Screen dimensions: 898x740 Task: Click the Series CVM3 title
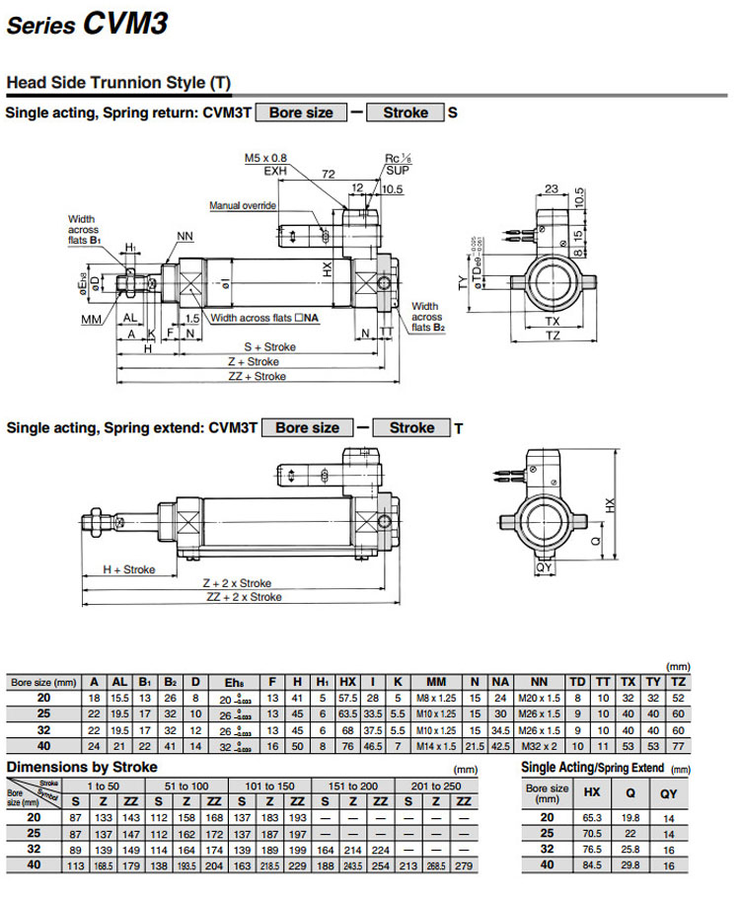[x=87, y=24]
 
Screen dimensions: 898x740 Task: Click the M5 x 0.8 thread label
[x=265, y=158]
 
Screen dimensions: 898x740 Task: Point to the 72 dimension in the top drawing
[x=329, y=173]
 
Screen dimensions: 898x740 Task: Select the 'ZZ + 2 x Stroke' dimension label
[x=244, y=597]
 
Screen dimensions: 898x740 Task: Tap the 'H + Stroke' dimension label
[x=129, y=569]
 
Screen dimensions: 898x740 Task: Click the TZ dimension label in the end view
[x=553, y=337]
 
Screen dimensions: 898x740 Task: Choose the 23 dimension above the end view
[x=552, y=188]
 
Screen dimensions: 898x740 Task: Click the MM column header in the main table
[x=435, y=682]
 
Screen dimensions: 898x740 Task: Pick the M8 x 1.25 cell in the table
[x=435, y=699]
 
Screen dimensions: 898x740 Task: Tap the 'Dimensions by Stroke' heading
[x=82, y=767]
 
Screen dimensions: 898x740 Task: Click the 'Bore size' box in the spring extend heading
[x=307, y=428]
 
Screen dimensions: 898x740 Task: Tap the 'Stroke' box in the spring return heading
[x=406, y=112]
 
